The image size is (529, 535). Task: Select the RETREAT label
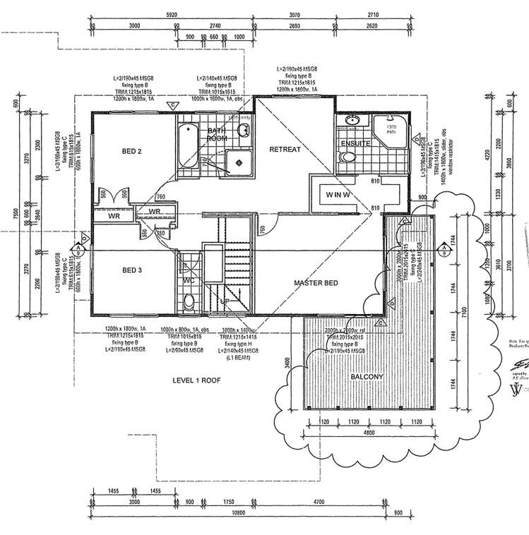tap(285, 150)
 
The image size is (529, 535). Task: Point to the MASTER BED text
tap(316, 283)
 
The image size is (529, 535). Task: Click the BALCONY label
tap(367, 377)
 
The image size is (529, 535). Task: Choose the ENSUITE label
tap(355, 144)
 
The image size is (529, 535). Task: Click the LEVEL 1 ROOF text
tap(197, 380)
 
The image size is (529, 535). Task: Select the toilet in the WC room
tap(189, 303)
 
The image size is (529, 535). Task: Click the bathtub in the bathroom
tap(187, 146)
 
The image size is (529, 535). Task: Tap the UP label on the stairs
tap(225, 300)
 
